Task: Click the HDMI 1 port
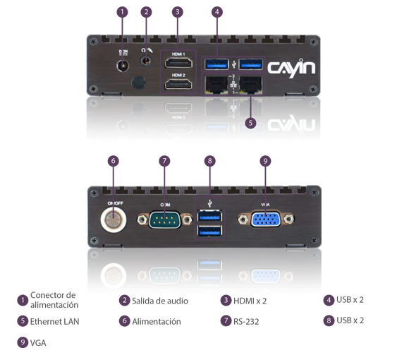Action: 178,64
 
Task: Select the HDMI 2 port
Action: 178,85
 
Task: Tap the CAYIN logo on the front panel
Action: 291,68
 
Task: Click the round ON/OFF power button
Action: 113,220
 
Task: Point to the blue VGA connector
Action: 264,220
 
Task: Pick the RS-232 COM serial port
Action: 164,220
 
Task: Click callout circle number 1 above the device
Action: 123,12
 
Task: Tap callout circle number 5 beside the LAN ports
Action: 250,122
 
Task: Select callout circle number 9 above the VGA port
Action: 265,161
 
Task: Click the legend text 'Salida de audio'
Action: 159,301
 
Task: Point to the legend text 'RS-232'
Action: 247,321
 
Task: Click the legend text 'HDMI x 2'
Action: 250,301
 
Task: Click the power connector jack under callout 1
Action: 123,65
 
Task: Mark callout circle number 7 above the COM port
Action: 164,161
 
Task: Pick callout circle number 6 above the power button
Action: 113,161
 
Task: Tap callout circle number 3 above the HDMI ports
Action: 178,12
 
